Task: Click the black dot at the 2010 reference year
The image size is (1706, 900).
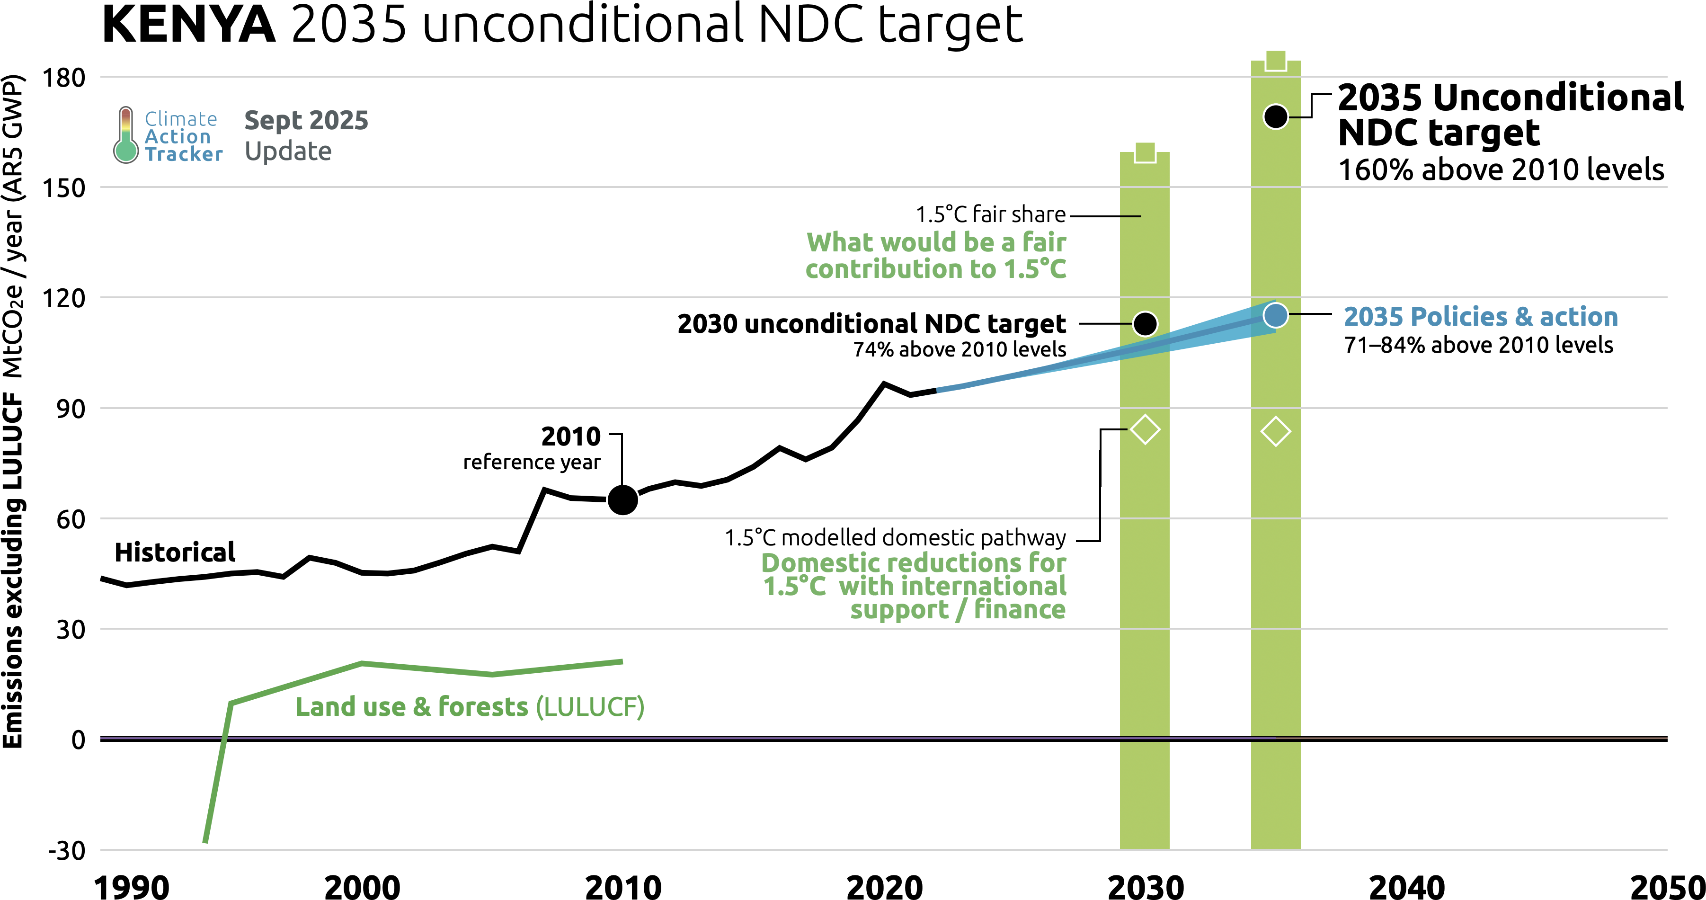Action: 622,500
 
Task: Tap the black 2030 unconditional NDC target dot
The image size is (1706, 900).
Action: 1145,324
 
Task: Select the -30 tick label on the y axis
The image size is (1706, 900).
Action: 66,850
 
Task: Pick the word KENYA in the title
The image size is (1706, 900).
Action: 189,25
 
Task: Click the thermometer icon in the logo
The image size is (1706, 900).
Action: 125,135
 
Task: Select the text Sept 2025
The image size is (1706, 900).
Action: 306,121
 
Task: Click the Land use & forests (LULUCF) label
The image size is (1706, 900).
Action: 470,707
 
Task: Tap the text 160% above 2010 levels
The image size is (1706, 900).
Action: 1501,170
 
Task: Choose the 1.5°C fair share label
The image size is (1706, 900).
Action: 990,214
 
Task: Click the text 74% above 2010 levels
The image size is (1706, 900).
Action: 959,349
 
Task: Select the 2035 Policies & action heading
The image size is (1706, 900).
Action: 1480,317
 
